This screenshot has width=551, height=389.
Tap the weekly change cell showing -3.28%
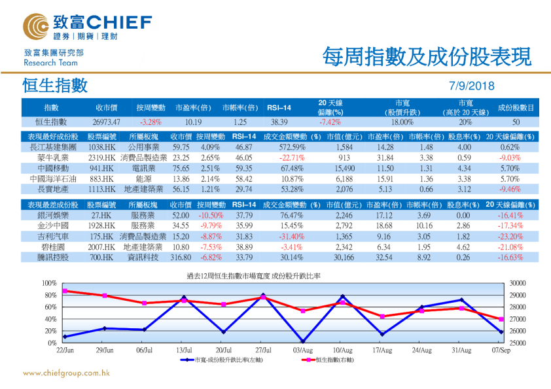(151, 122)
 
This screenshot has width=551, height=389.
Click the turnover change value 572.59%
(292, 148)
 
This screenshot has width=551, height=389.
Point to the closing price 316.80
(180, 258)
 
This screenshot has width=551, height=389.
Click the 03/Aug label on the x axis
(302, 350)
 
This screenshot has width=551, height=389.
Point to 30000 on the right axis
(517, 283)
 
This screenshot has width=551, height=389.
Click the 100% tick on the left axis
(49, 283)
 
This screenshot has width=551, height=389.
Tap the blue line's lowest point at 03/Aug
(302, 341)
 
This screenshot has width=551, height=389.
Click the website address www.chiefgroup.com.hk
(66, 373)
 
